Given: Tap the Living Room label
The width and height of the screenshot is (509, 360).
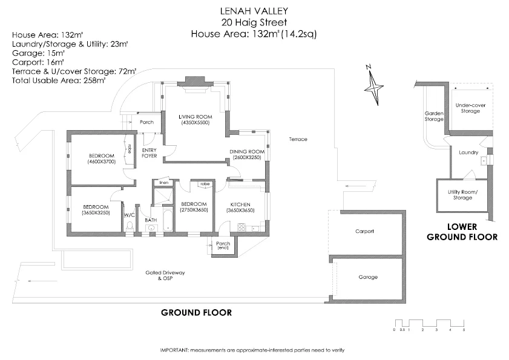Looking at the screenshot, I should [194, 117].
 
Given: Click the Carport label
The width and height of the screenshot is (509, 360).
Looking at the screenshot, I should [364, 231].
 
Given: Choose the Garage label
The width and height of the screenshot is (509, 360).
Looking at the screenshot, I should [367, 277].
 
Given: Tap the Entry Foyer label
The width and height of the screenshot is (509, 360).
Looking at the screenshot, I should [149, 152].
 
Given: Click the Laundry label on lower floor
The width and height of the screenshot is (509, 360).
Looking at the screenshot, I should [468, 152].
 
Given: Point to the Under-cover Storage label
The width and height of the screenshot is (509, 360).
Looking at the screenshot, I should [471, 108].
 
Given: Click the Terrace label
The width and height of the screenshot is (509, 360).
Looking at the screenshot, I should [298, 139].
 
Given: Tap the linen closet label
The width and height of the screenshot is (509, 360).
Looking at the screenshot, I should [163, 182].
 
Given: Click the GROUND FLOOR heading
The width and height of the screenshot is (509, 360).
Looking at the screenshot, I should [195, 312].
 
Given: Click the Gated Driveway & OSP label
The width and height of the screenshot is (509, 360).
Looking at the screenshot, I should [165, 275].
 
